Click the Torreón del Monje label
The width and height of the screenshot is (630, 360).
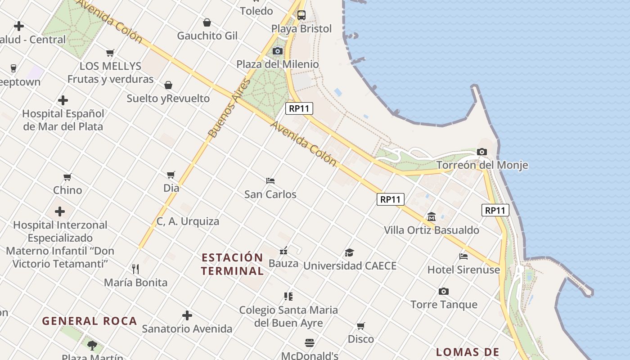[482, 165]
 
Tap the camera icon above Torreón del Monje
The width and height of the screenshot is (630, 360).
[482, 152]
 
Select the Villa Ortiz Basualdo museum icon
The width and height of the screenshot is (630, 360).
[432, 217]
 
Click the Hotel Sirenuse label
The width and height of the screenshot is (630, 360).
[463, 270]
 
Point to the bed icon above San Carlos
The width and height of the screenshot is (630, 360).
[270, 181]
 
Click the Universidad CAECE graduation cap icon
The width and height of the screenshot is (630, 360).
[350, 252]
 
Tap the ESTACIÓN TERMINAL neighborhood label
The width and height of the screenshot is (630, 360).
[232, 264]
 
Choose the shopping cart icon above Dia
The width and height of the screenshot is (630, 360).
[171, 175]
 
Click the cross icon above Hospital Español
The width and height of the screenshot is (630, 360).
[63, 100]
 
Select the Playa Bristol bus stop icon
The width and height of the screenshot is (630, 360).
[301, 15]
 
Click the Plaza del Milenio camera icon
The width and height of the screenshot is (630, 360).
[278, 51]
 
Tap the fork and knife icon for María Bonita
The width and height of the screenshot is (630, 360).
[135, 269]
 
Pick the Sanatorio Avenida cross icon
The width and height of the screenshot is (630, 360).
[187, 315]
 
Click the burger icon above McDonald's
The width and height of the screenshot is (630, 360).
[310, 343]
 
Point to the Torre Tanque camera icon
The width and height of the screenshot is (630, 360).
[444, 291]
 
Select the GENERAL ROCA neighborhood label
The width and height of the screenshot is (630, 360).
[90, 321]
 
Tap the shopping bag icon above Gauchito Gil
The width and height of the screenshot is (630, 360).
[207, 22]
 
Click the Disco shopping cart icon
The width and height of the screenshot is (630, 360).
[361, 326]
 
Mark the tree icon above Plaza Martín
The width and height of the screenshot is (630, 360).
[92, 346]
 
